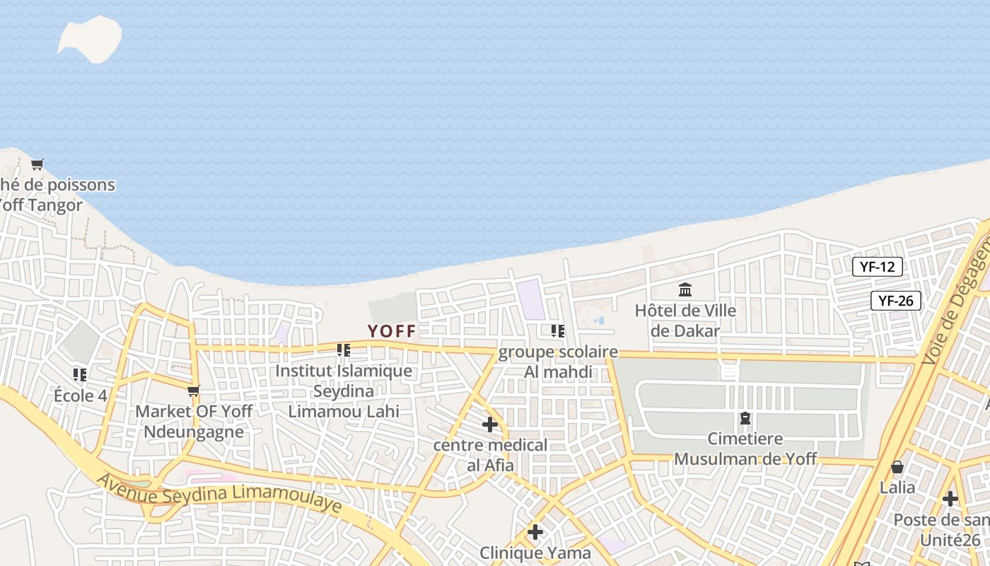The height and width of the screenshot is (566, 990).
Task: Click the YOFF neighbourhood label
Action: click(392, 331)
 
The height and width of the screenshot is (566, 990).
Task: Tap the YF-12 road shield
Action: click(877, 267)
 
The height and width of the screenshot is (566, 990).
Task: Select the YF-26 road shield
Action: click(895, 301)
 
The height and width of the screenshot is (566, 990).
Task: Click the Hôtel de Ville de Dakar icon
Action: click(685, 290)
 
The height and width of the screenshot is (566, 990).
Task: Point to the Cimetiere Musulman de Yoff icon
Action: click(745, 418)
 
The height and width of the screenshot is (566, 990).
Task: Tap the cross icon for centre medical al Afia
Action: click(489, 424)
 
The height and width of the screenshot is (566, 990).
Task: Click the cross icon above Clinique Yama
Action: click(535, 532)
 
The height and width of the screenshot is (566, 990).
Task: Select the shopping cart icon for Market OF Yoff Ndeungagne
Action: click(193, 391)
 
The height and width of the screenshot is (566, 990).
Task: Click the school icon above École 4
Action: click(80, 374)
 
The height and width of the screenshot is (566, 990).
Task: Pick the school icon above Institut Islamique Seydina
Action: click(344, 350)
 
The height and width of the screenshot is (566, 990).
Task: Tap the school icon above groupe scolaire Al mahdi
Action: click(558, 330)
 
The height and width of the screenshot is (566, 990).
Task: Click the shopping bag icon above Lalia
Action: click(897, 467)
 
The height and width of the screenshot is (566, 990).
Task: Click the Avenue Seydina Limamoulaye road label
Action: click(219, 494)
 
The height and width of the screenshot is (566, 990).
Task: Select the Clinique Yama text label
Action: click(535, 553)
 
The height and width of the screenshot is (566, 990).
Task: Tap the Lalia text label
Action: click(897, 487)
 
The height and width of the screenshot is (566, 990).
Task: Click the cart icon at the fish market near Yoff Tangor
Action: click(37, 165)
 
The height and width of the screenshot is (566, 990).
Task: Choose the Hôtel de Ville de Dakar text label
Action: click(685, 320)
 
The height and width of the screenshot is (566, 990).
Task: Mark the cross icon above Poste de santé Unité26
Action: click(950, 499)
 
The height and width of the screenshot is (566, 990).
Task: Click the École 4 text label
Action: click(80, 395)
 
